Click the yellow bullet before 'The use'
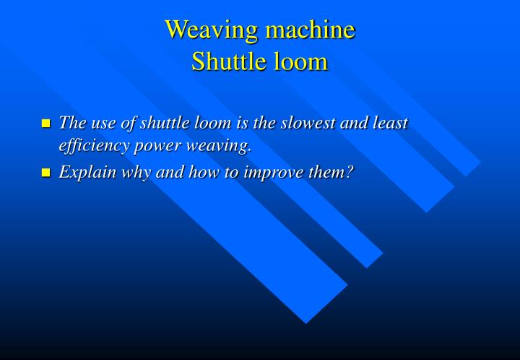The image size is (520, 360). pos(47,124)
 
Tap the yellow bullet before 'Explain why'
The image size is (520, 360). pos(47,173)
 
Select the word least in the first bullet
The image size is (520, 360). pos(391,124)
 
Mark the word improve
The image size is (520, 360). pos(282,173)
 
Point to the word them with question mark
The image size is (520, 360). pos(334,173)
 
